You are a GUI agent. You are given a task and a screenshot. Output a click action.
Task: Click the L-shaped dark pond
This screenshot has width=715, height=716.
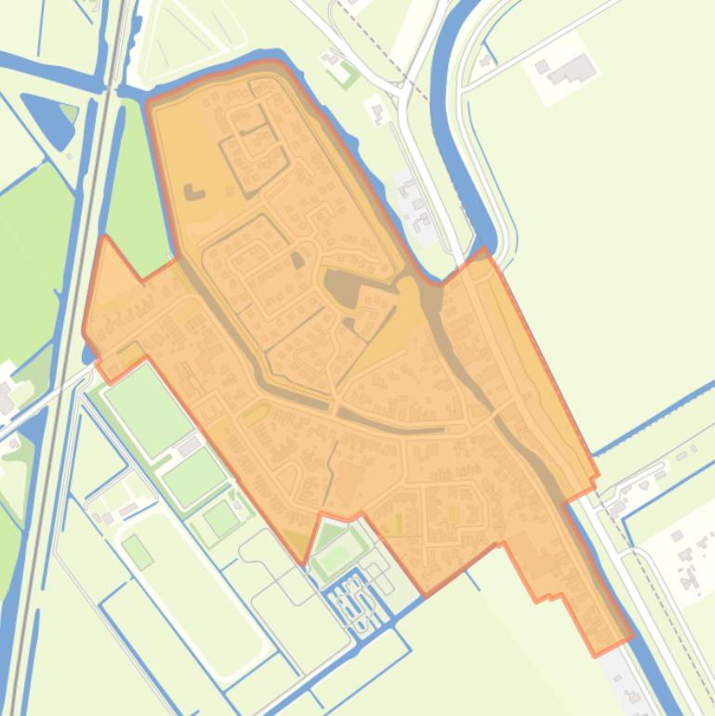tap(193, 192)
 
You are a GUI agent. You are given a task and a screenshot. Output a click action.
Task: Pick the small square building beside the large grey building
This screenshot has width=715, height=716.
tap(543, 67)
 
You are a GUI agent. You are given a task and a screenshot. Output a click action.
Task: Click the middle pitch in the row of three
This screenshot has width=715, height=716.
tap(194, 475)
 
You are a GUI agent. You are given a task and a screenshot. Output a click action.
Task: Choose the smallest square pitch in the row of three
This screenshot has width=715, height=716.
tap(222, 518)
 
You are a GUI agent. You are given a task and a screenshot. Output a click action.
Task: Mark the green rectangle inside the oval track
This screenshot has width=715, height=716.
tap(138, 551)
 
